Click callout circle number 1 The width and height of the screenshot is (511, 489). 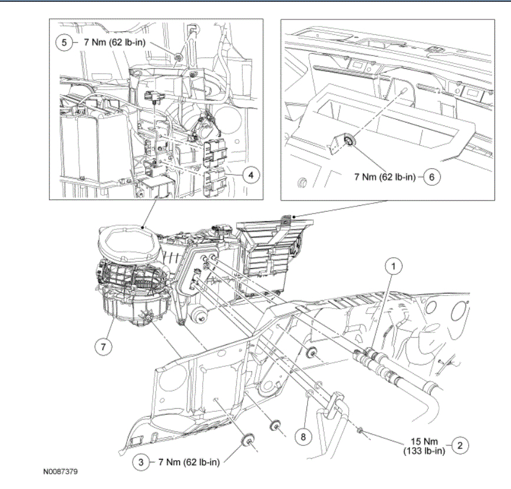tap(394, 267)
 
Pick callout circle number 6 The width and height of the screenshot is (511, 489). tap(432, 176)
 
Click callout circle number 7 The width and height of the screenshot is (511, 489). tap(103, 347)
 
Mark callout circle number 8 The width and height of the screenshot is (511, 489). tap(304, 437)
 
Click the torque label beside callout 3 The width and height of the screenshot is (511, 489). tap(189, 462)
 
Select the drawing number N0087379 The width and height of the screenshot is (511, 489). tap(60, 472)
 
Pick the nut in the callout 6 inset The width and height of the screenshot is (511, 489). tap(349, 140)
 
